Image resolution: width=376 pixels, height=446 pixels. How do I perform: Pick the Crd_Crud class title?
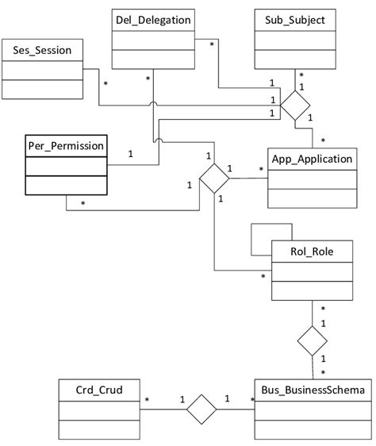pyautogui.click(x=90, y=390)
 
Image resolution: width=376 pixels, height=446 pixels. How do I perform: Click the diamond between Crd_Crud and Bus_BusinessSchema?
pyautogui.click(x=201, y=409)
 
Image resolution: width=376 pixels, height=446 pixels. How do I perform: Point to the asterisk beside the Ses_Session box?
pyautogui.click(x=105, y=83)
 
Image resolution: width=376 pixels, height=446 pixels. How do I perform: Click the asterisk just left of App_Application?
pyautogui.click(x=261, y=170)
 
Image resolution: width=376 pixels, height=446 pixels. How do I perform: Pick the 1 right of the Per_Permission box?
pyautogui.click(x=130, y=154)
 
